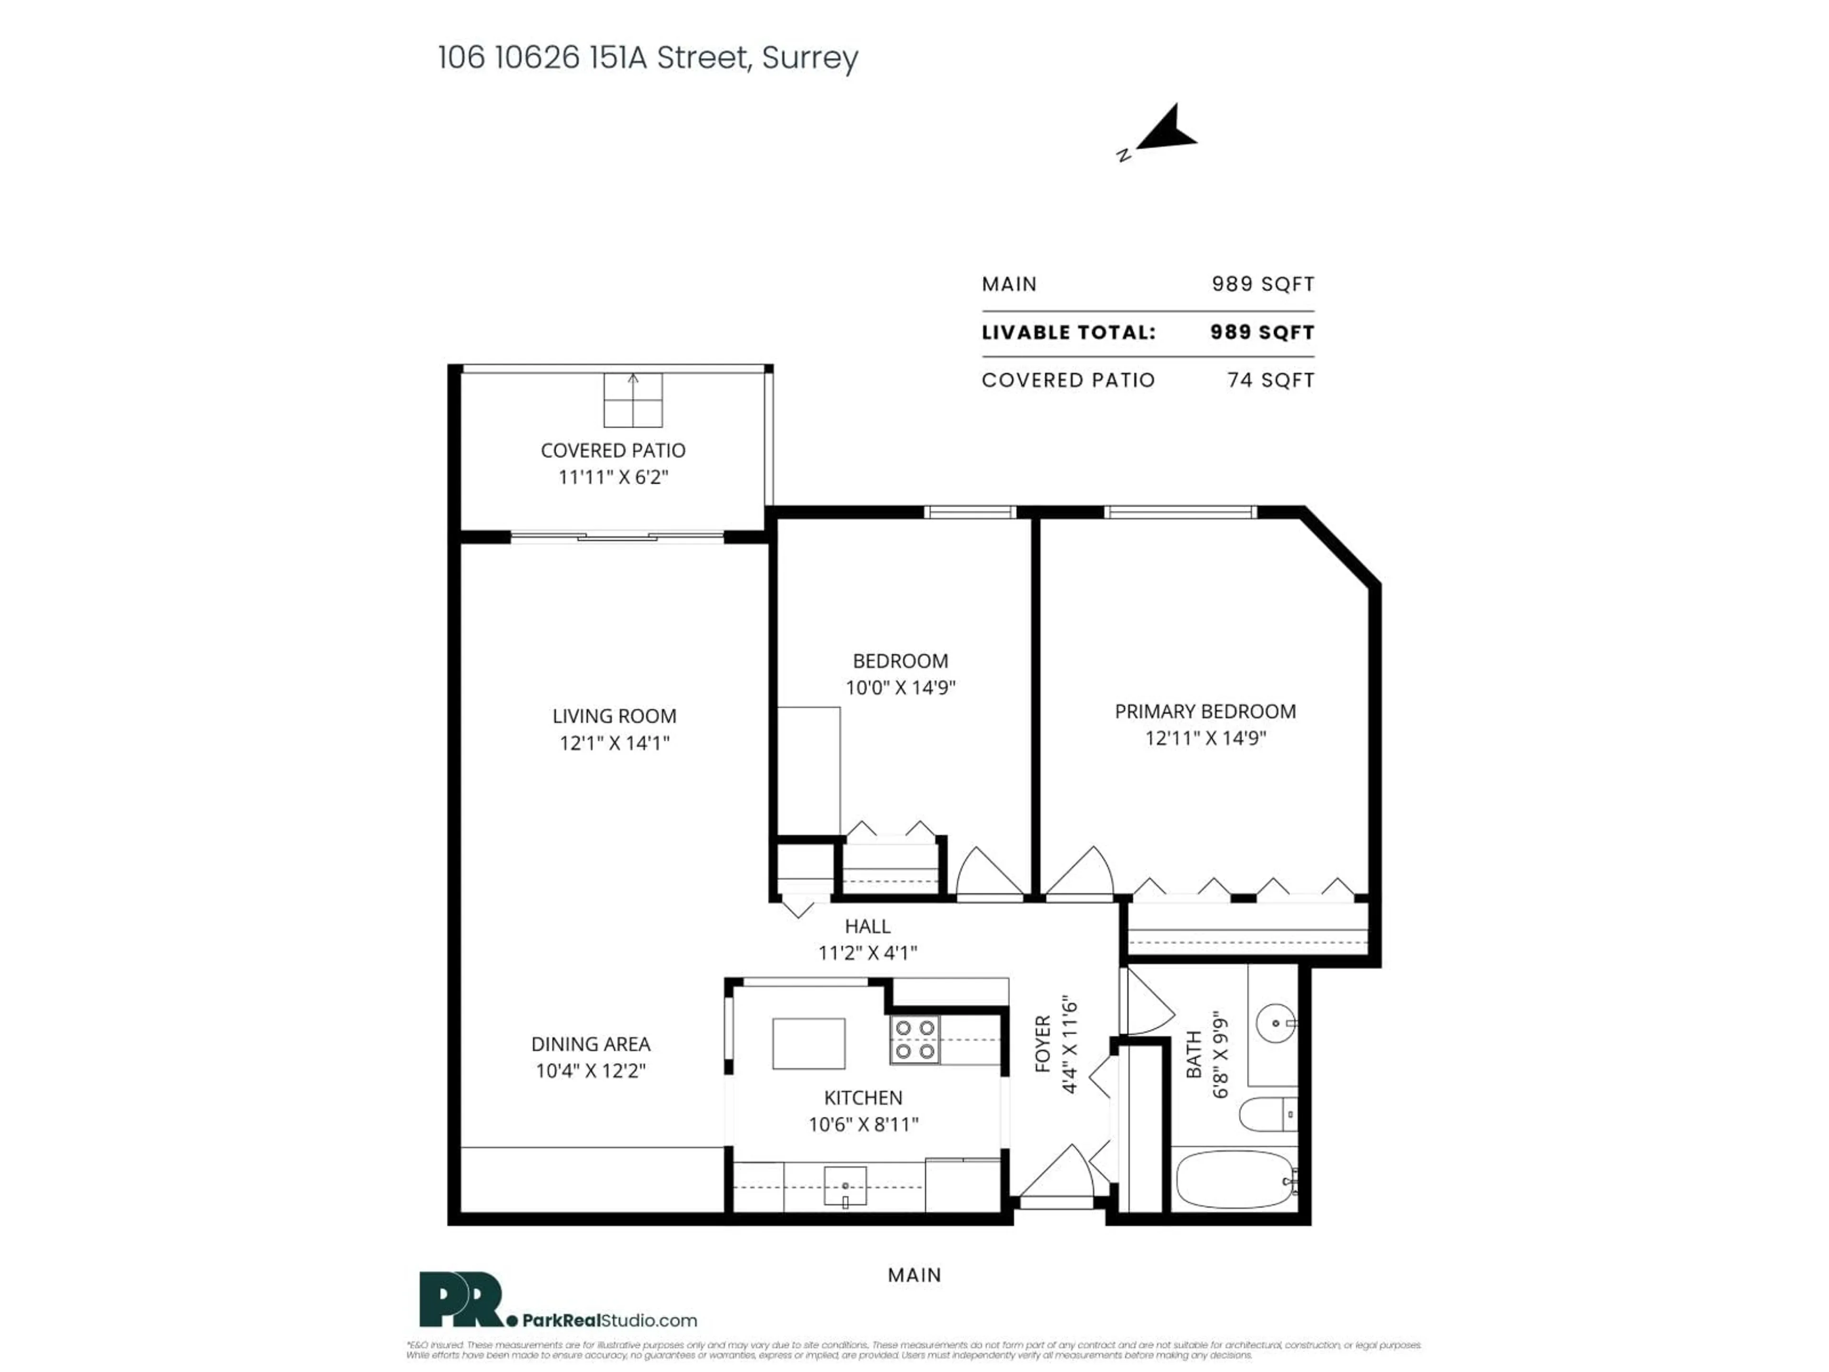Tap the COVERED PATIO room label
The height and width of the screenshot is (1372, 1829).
[x=613, y=451]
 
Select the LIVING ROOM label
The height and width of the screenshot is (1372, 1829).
[x=614, y=716]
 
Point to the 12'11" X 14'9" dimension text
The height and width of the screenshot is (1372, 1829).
[x=1205, y=737]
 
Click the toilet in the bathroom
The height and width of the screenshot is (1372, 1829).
[x=1265, y=1114]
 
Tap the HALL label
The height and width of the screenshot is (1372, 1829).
[x=867, y=926]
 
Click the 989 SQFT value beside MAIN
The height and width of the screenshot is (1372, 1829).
[x=1263, y=284]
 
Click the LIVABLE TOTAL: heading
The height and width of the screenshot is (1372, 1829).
[x=1068, y=333]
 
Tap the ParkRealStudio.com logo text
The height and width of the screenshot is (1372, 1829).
[x=609, y=1321]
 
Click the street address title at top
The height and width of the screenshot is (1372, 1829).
[x=647, y=58]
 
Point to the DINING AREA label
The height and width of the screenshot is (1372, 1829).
[x=590, y=1045]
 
